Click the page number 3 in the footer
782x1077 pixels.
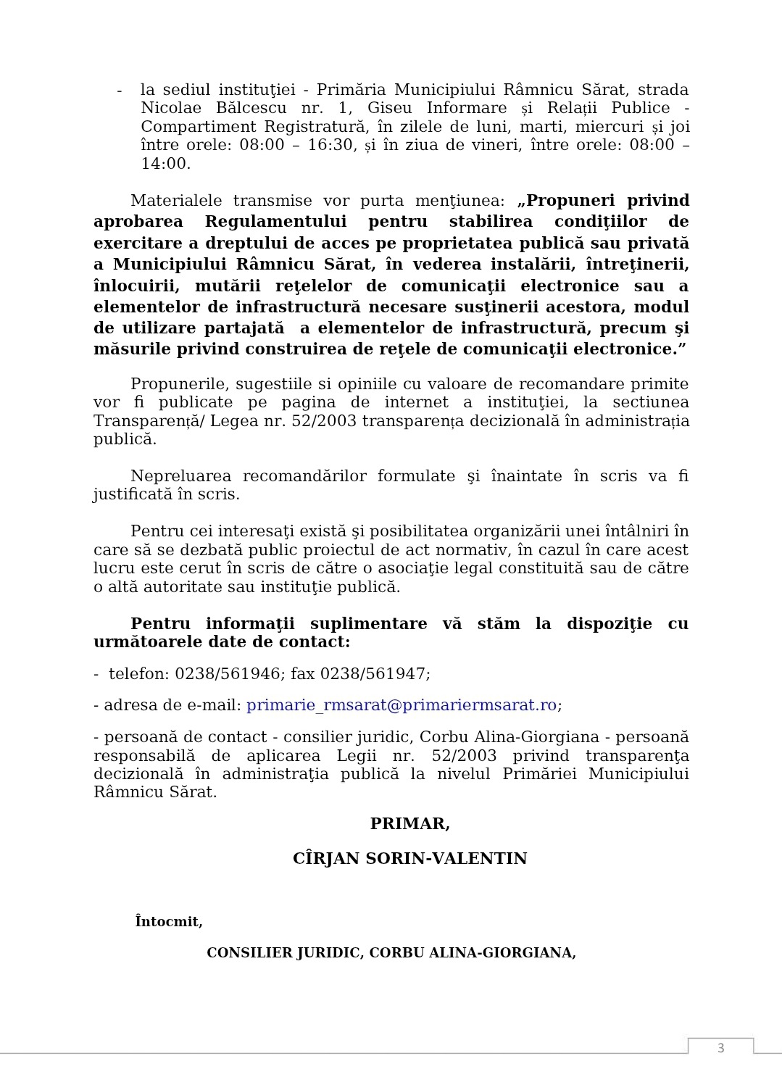(x=720, y=1048)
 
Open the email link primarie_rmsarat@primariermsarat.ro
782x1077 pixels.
(x=402, y=705)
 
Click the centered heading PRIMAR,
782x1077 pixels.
(x=409, y=824)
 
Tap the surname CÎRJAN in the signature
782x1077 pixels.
(x=325, y=859)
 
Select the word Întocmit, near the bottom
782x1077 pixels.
(x=169, y=922)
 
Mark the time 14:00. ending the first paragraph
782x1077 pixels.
(x=166, y=164)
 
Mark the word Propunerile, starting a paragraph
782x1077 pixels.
(x=176, y=384)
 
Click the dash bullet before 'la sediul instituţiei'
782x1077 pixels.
(x=120, y=90)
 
